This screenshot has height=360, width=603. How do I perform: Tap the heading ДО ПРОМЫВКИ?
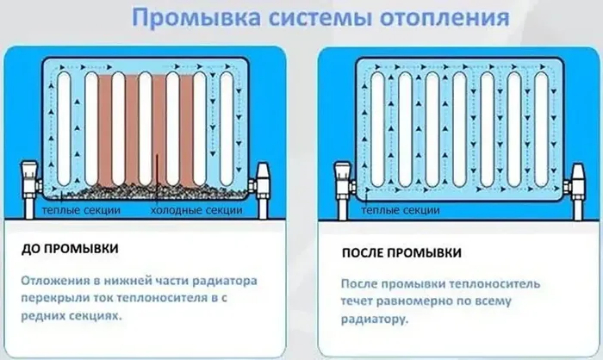click(x=69, y=249)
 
